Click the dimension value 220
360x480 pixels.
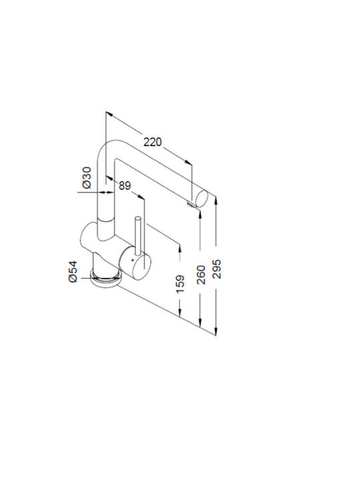(153, 142)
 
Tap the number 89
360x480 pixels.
(125, 185)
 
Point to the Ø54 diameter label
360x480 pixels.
(73, 272)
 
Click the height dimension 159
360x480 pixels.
(180, 284)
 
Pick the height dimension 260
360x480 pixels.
(201, 275)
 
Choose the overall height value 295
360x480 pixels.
(217, 269)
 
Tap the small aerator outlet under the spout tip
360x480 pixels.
(191, 204)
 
